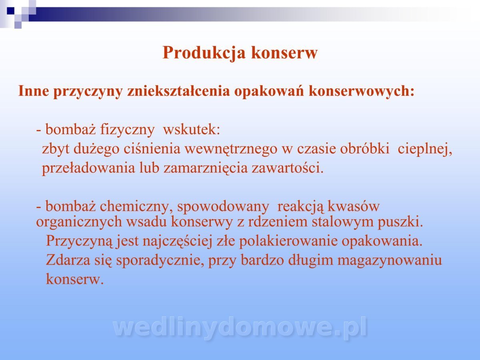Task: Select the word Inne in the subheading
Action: (34, 91)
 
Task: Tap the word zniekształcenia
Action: (179, 91)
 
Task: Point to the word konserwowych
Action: (362, 91)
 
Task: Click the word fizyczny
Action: (127, 130)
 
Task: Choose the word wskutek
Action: (191, 129)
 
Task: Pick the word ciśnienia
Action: (152, 149)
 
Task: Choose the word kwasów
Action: (353, 206)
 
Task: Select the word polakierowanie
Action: (288, 242)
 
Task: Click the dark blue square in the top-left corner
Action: (10, 11)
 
